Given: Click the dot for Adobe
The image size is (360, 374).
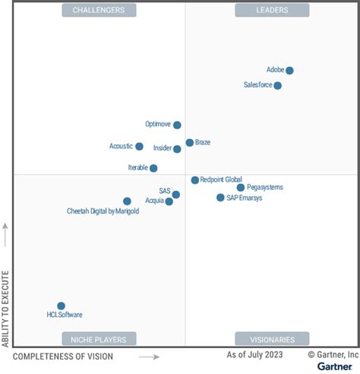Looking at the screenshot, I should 289,71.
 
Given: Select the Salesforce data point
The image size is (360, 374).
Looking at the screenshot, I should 278,85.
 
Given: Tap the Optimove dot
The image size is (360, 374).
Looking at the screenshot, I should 177,125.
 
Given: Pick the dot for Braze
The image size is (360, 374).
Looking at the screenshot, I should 189,143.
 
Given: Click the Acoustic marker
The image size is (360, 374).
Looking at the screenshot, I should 139,146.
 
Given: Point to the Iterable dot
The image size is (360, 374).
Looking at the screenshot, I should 153,168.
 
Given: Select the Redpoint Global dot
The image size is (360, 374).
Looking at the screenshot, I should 194,180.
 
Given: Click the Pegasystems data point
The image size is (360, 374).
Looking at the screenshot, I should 241,187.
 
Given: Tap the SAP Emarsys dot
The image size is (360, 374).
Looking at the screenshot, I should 220,198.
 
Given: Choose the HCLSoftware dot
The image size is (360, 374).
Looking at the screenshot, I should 61,306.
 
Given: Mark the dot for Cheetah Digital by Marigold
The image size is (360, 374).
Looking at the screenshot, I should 127,201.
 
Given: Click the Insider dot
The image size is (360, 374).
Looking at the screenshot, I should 177,149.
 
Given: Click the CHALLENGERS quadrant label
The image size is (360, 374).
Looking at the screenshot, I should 99,10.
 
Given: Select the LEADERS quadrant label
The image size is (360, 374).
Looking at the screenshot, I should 272,10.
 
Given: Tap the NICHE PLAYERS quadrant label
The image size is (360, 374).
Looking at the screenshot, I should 99,339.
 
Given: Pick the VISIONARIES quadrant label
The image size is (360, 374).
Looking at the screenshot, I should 272,339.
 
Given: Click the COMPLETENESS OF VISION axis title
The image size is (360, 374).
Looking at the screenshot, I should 63,357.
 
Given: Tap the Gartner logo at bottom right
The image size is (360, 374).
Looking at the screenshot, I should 334,366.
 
